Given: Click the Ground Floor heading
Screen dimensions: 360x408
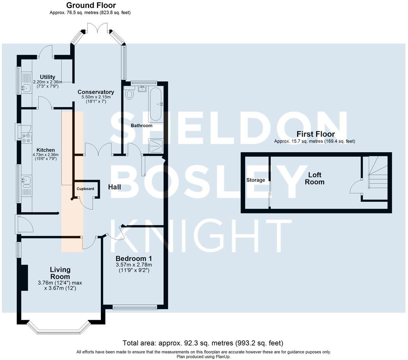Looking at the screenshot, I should click(91, 5).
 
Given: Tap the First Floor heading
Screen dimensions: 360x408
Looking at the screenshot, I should click(315, 134).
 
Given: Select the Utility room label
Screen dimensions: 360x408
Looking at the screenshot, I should click(47, 77).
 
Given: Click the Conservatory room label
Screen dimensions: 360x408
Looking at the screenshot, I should click(96, 92).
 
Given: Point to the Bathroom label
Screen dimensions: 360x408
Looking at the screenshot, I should click(142, 125).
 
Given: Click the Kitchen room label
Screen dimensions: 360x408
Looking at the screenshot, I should click(46, 150).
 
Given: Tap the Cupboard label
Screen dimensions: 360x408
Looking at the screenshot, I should click(85, 189).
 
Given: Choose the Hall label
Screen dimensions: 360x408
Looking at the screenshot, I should click(114, 187).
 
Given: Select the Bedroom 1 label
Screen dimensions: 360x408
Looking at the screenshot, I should click(134, 258).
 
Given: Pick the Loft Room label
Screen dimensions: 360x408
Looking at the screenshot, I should click(315, 178).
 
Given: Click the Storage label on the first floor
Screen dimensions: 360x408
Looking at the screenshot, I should click(255, 180).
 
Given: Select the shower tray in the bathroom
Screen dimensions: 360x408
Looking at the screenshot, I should click(156, 146).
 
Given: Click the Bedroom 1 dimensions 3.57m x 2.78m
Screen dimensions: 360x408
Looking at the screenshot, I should click(134, 265).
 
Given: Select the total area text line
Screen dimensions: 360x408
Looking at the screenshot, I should click(203, 343).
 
